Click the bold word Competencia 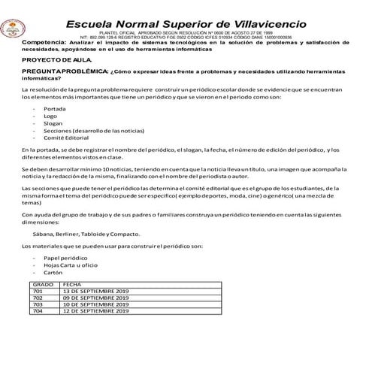click(x=42, y=43)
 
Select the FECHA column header click(x=73, y=285)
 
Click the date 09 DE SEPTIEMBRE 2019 click(x=97, y=298)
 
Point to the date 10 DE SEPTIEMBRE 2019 click(x=97, y=304)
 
